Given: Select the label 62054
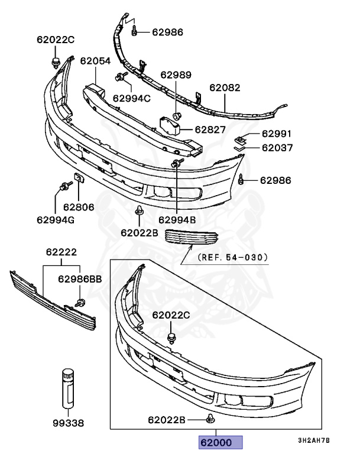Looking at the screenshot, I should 95,60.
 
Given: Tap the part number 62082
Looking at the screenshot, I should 225,87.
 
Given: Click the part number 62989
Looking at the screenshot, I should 176,75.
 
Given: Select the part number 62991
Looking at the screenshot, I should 277,134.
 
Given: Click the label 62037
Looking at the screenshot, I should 277,148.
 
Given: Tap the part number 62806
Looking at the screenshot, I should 79,207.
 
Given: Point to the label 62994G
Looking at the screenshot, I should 57,220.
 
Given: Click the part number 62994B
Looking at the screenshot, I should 177,220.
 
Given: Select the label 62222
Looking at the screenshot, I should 61,251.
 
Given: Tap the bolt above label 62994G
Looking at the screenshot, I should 62,187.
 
